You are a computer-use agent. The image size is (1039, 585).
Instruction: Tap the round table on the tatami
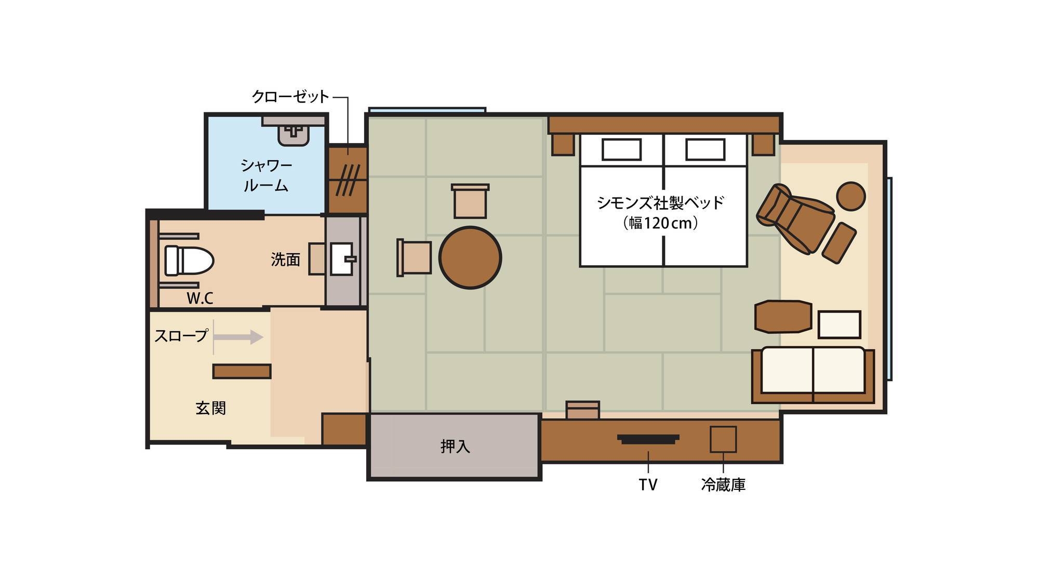click(470, 257)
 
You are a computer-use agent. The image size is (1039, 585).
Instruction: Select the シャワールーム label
click(266, 175)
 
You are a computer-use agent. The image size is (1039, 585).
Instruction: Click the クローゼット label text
click(290, 97)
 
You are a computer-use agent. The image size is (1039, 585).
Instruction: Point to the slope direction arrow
click(238, 337)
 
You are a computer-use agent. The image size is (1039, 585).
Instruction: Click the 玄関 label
click(211, 408)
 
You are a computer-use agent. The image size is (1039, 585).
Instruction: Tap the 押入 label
click(455, 446)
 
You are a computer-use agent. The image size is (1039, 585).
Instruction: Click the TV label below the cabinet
click(648, 485)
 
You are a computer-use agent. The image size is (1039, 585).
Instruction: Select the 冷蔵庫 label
click(723, 485)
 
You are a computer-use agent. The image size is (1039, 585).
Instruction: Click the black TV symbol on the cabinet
click(648, 439)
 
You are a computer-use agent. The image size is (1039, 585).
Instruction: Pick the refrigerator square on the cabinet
click(723, 439)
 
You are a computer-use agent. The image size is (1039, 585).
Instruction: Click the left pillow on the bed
click(621, 150)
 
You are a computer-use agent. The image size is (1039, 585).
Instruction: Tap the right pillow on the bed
click(705, 150)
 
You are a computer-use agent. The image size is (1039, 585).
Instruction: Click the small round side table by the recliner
click(851, 196)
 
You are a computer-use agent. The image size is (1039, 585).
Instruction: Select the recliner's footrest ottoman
click(839, 242)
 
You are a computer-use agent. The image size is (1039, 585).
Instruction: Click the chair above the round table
click(470, 201)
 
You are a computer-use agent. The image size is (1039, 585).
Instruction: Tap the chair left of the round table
click(414, 257)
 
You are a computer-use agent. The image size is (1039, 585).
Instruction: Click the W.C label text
click(200, 298)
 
